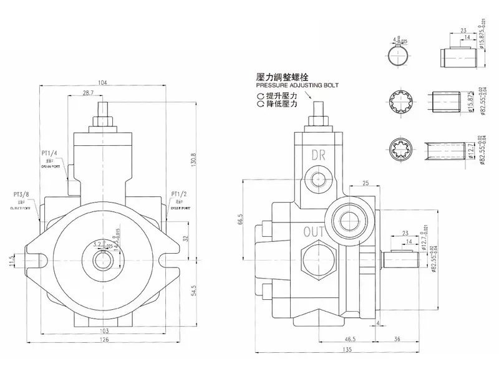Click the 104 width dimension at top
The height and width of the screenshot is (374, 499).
[103, 82]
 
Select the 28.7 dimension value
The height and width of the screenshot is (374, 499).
[87, 93]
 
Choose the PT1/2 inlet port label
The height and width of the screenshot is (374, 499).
[180, 194]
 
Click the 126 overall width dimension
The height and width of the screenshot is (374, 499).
[104, 340]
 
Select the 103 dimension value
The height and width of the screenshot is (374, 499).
[104, 330]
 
